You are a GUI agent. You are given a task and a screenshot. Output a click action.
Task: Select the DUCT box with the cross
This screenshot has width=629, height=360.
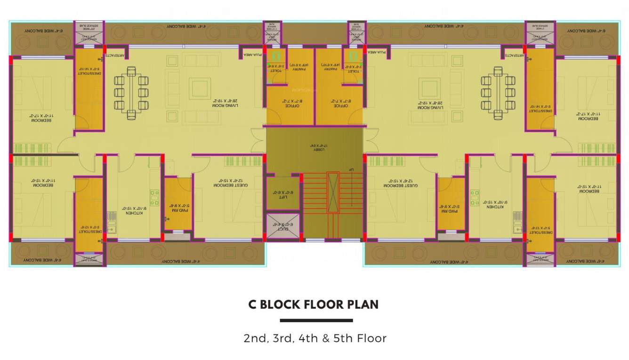(283, 227)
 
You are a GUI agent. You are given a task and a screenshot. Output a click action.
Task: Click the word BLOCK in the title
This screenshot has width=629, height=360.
(284, 304)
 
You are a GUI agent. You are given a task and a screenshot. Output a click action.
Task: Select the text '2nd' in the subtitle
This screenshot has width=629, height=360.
(254, 338)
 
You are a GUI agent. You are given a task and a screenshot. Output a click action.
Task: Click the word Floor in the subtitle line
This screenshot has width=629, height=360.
(372, 338)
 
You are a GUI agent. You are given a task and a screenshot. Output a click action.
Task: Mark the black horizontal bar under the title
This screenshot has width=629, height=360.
(316, 320)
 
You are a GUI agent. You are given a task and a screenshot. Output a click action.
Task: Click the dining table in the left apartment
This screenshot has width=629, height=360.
(131, 93)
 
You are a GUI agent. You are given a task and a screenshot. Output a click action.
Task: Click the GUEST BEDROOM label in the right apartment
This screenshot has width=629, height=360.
(401, 184)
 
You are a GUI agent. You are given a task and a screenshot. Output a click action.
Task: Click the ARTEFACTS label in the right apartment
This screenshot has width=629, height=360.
(515, 55)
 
